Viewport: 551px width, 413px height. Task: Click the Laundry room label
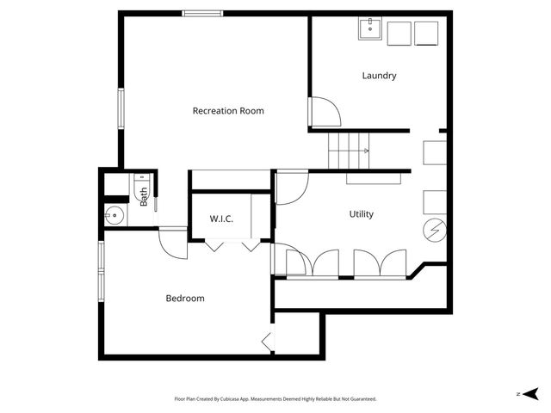(379, 76)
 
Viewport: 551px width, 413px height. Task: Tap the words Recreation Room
(228, 111)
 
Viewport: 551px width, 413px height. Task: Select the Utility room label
(361, 214)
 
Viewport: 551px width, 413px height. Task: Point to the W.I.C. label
(221, 219)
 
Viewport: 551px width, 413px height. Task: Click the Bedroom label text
(185, 299)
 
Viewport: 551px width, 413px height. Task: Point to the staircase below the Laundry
(350, 151)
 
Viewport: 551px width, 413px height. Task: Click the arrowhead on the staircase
(368, 151)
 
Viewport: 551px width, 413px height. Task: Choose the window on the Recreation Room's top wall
(202, 13)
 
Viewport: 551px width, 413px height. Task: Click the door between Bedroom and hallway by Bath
(173, 242)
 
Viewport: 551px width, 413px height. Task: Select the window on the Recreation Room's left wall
(121, 108)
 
